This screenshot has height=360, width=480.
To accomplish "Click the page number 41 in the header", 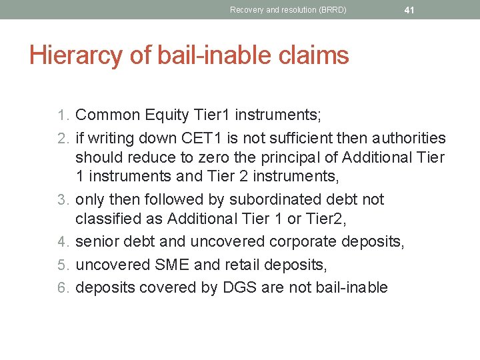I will coord(409,10).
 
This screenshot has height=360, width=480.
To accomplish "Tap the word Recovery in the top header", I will coord(246,10).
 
